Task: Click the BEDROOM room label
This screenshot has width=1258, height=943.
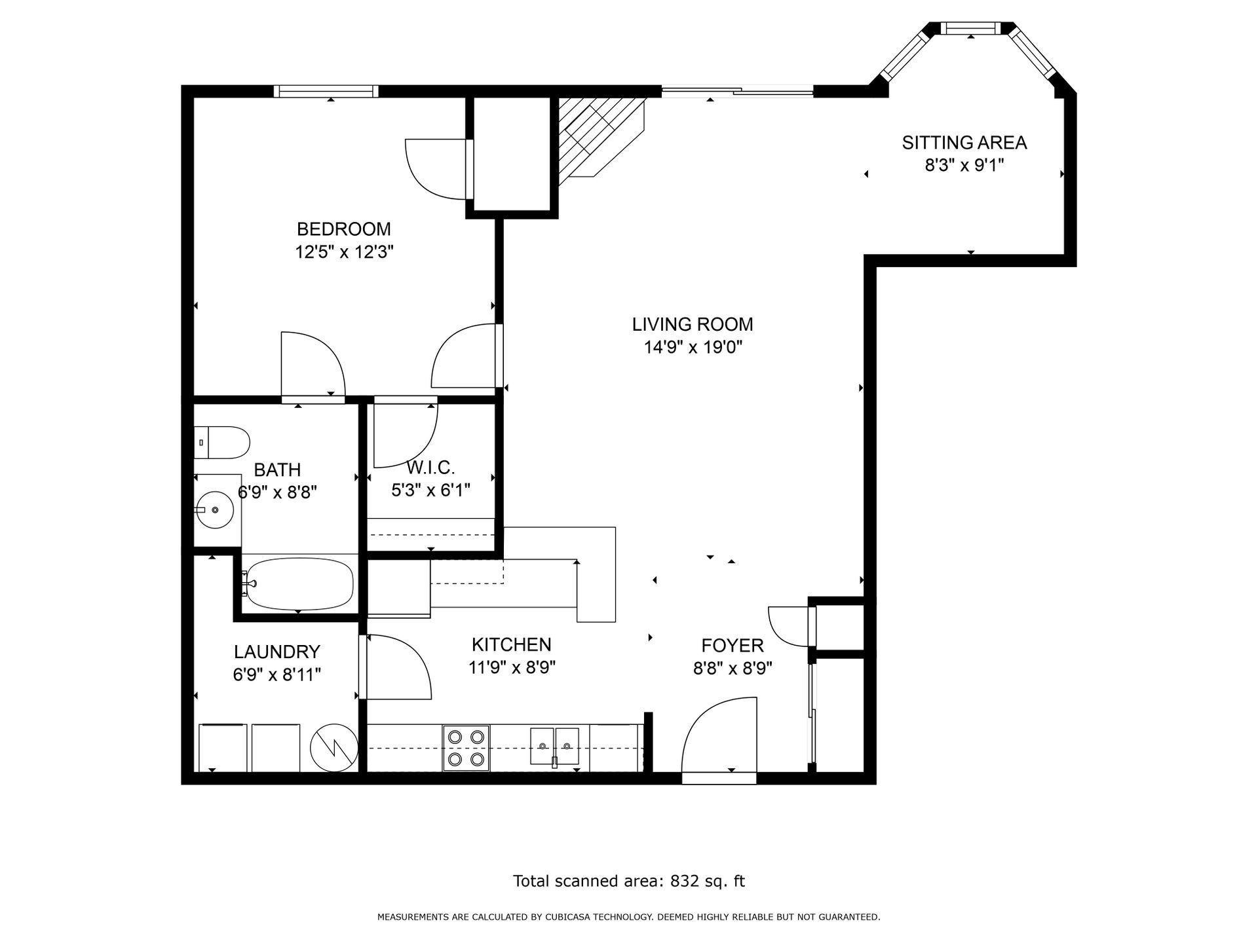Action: tap(343, 229)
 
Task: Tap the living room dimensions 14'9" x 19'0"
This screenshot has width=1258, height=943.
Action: tap(693, 347)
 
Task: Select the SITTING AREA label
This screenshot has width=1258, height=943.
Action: tap(964, 143)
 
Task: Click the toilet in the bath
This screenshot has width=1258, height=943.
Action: tap(223, 443)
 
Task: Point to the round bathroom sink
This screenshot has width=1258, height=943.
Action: tap(215, 509)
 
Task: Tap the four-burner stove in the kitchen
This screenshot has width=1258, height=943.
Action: tap(466, 747)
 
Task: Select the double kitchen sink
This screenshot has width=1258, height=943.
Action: tap(554, 746)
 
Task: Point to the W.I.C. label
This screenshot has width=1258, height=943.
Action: tap(430, 468)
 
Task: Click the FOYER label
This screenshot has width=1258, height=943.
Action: tap(733, 646)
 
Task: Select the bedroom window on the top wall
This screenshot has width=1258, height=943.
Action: tap(326, 92)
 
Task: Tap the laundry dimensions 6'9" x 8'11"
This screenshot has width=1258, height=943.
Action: tap(276, 675)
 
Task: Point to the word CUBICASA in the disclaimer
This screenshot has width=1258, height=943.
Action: tap(567, 917)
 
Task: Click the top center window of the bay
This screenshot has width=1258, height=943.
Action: tap(971, 28)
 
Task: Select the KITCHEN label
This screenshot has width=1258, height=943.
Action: tap(511, 645)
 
